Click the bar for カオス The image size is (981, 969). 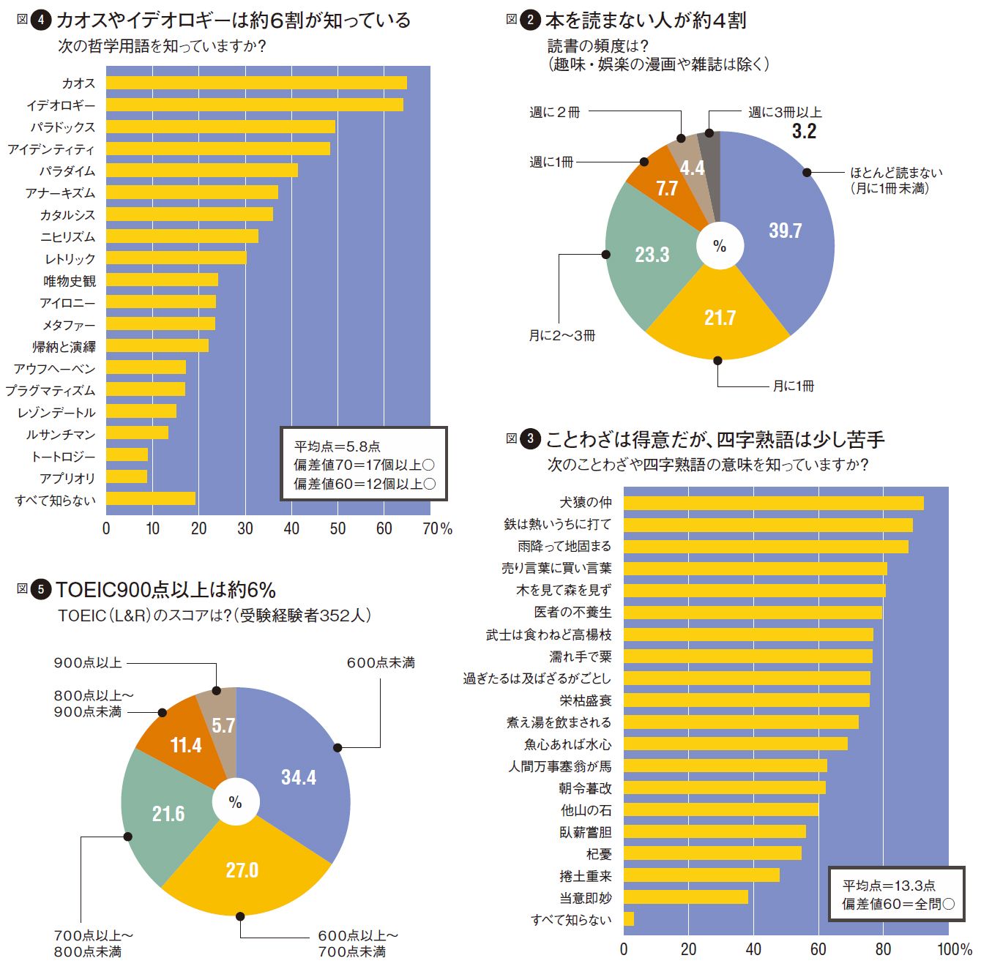[256, 83]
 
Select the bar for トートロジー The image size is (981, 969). [127, 455]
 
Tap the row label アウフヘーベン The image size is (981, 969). [55, 368]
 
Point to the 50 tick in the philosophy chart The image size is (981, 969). [337, 528]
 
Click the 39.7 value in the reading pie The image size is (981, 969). [785, 231]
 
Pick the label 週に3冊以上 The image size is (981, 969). [785, 112]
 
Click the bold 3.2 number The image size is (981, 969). [804, 132]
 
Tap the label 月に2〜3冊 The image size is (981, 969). [562, 335]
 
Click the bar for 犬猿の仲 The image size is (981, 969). [773, 503]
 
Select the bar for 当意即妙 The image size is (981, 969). [685, 897]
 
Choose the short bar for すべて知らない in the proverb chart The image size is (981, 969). [629, 919]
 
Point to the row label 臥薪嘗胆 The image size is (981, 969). [585, 832]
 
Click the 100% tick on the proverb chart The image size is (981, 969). [954, 949]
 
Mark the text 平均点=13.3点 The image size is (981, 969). [888, 886]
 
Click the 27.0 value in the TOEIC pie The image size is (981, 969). [242, 870]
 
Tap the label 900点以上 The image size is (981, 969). [88, 662]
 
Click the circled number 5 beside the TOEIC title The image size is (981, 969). [41, 590]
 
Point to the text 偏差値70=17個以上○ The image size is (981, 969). [364, 465]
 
